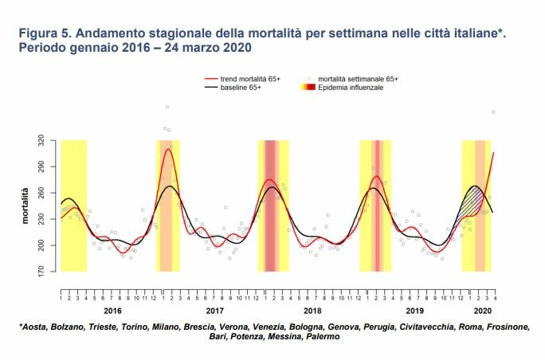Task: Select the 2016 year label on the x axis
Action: click(112, 311)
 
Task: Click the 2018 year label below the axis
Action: click(312, 311)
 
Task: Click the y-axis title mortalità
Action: click(25, 206)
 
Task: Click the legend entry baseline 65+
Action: click(239, 87)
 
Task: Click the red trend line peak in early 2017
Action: click(168, 149)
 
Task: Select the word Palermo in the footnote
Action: click(322, 337)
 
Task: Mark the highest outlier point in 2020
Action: click(493, 112)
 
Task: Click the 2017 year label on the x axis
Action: click(213, 311)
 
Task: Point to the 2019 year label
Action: click(413, 311)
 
